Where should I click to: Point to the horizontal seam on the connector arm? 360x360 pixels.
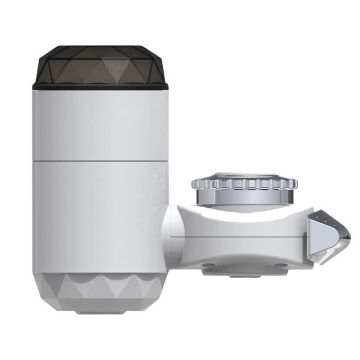tap(242, 238)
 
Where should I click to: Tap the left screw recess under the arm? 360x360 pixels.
tap(208, 266)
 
